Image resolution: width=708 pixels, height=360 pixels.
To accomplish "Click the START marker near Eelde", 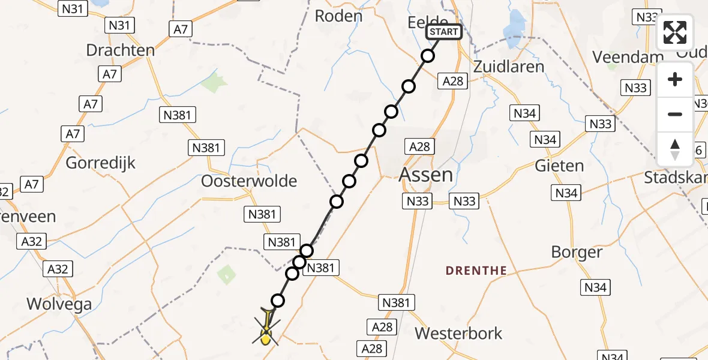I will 444,32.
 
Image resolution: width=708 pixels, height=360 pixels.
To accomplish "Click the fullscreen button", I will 675,33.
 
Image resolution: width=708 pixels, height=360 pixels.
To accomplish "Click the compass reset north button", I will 675,149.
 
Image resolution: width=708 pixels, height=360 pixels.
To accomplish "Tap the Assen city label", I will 426,175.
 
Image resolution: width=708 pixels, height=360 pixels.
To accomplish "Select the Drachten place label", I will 121,50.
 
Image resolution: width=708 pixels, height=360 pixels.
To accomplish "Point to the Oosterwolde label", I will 249,181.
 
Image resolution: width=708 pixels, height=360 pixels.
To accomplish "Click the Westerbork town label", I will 459,333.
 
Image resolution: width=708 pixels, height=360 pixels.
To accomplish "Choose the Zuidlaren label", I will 508,66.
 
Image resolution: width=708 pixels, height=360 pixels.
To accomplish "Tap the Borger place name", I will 577,252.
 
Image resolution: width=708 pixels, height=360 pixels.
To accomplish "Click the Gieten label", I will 559,166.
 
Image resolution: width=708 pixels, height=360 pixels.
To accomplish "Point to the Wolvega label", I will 59,304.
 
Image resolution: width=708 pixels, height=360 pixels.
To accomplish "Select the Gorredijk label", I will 101,163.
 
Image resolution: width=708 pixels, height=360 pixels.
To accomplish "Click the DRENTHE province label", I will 476,271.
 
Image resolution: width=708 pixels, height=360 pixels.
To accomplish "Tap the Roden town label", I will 339,16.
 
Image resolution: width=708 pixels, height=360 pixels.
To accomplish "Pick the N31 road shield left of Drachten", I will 119,25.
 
